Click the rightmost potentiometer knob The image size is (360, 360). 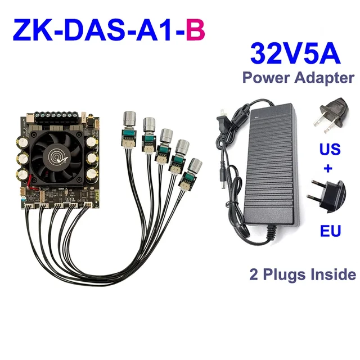point(195,166)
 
